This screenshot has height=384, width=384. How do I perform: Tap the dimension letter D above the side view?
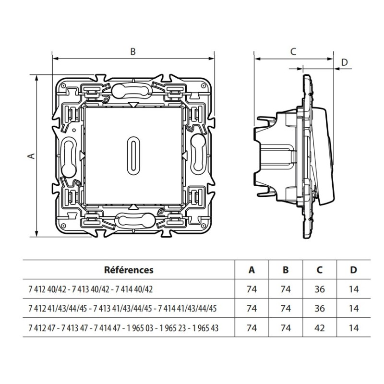[344, 62]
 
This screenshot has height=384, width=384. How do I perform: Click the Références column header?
[129, 270]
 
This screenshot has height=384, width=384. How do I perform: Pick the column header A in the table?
[252, 270]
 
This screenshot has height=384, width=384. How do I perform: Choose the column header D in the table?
[354, 270]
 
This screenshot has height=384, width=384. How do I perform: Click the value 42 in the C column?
[320, 328]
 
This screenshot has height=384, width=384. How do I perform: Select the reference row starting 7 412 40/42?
[91, 289]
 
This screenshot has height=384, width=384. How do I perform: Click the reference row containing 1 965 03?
[122, 328]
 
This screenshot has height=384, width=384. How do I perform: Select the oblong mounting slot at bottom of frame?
[133, 221]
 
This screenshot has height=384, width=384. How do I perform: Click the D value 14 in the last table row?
[354, 328]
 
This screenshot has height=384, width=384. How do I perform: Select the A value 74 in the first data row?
[252, 289]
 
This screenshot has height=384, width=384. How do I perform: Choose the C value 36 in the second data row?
[320, 309]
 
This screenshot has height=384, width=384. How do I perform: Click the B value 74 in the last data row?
[286, 328]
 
